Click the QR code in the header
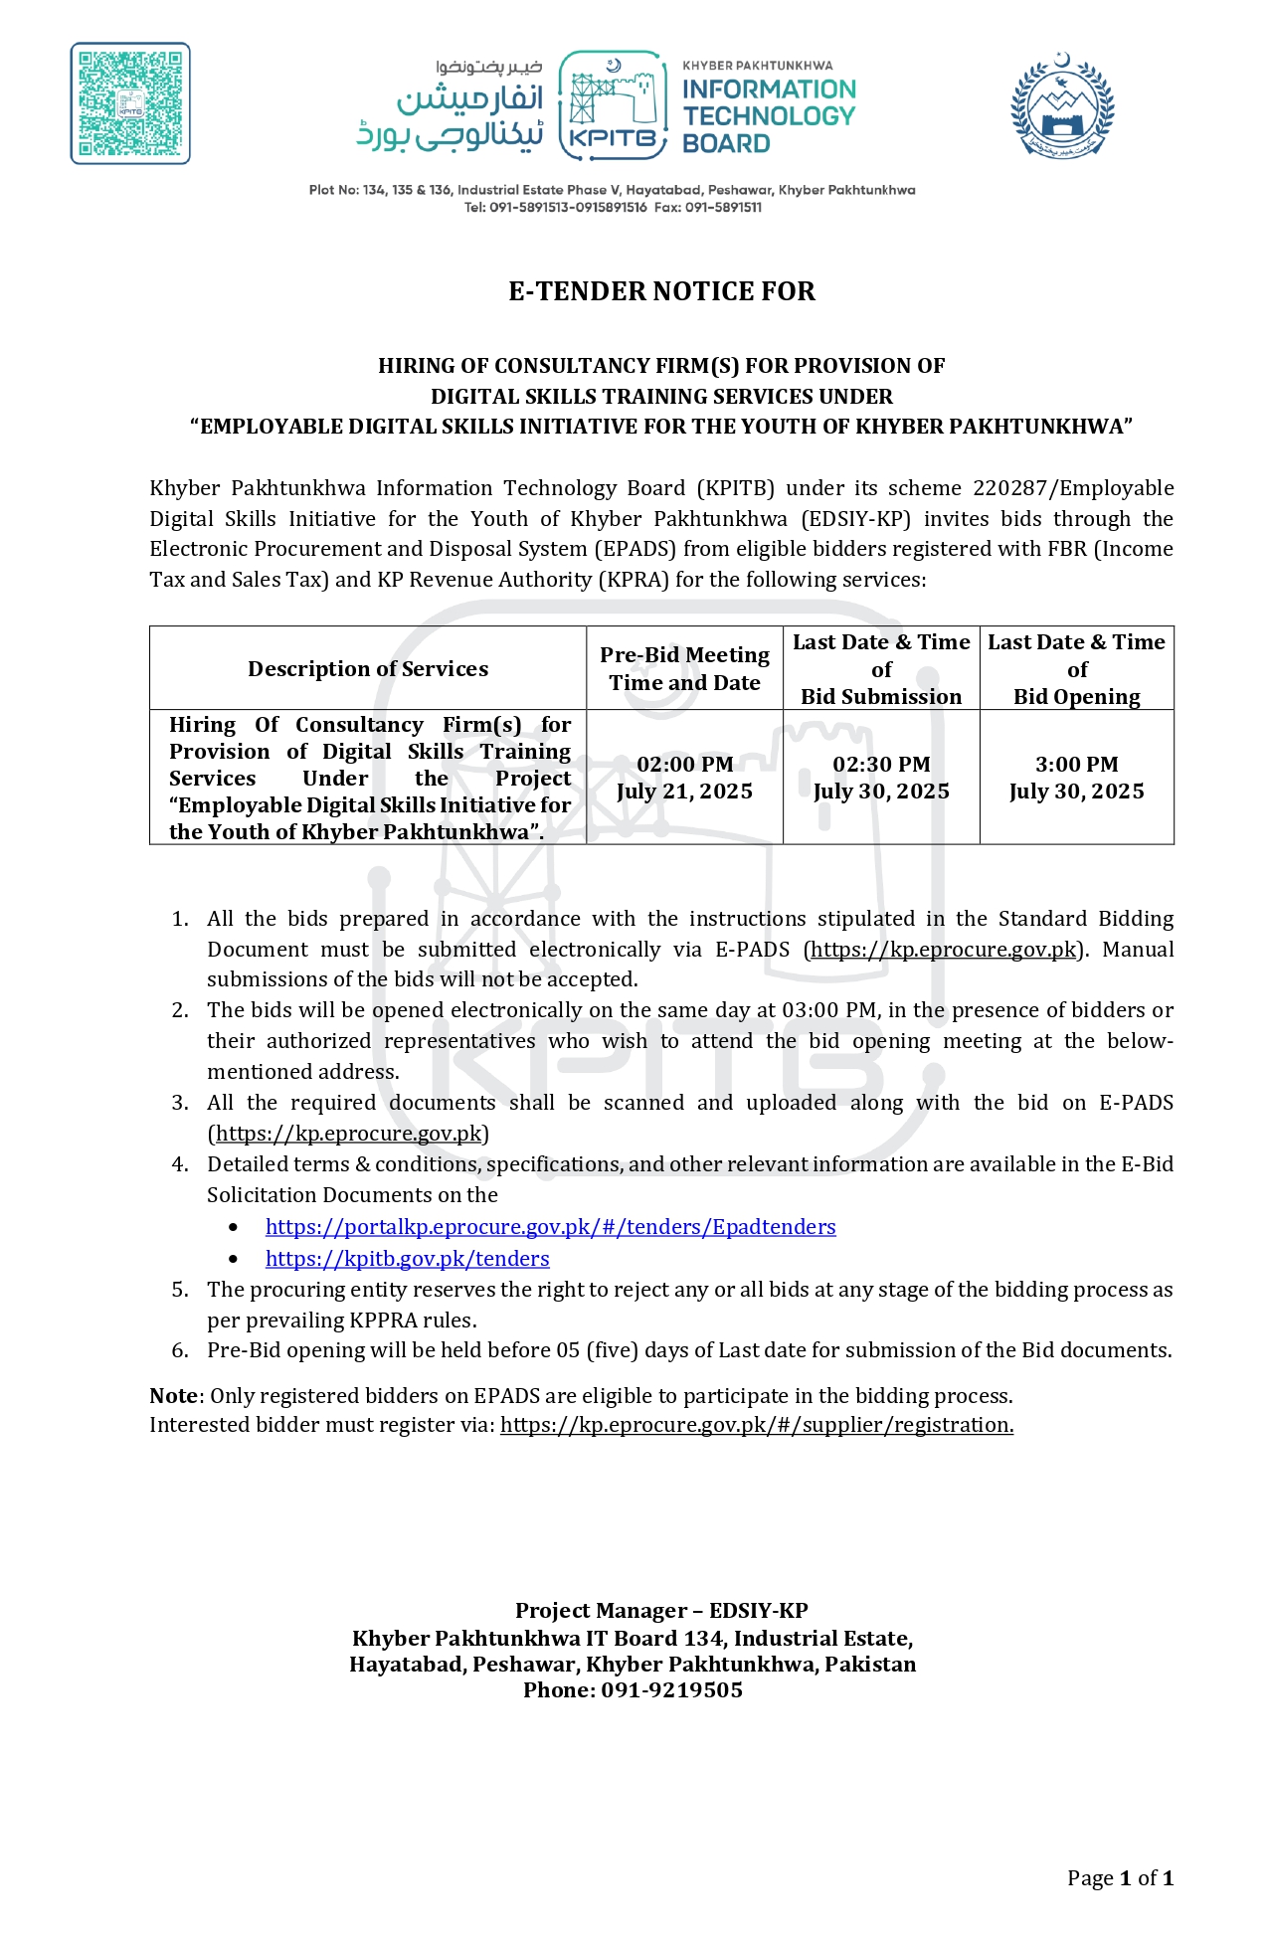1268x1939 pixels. tap(130, 103)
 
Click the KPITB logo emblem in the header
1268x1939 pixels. tap(612, 105)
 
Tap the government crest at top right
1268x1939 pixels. tap(1062, 106)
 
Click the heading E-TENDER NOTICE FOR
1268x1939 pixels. tap(661, 291)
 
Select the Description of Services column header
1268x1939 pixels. tap(368, 669)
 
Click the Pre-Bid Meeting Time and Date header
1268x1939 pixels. tap(684, 669)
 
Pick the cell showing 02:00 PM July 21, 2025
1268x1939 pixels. tap(684, 778)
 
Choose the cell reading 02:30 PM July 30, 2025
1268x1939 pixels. tap(881, 778)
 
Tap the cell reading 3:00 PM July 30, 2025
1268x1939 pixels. tap(1077, 778)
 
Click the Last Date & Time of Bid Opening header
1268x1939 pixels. tap(1077, 669)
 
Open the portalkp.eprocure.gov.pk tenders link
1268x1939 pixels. tap(550, 1227)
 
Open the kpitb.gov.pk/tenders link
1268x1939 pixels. tap(407, 1259)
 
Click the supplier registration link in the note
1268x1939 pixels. tap(756, 1425)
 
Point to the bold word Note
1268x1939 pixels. tap(173, 1396)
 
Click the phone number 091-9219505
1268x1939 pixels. tap(671, 1690)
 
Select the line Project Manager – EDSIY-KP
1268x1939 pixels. tap(661, 1611)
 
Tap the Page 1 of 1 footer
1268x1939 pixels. tap(1120, 1878)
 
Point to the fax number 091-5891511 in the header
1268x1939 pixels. tap(723, 208)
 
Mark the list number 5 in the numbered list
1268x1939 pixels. tap(180, 1290)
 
